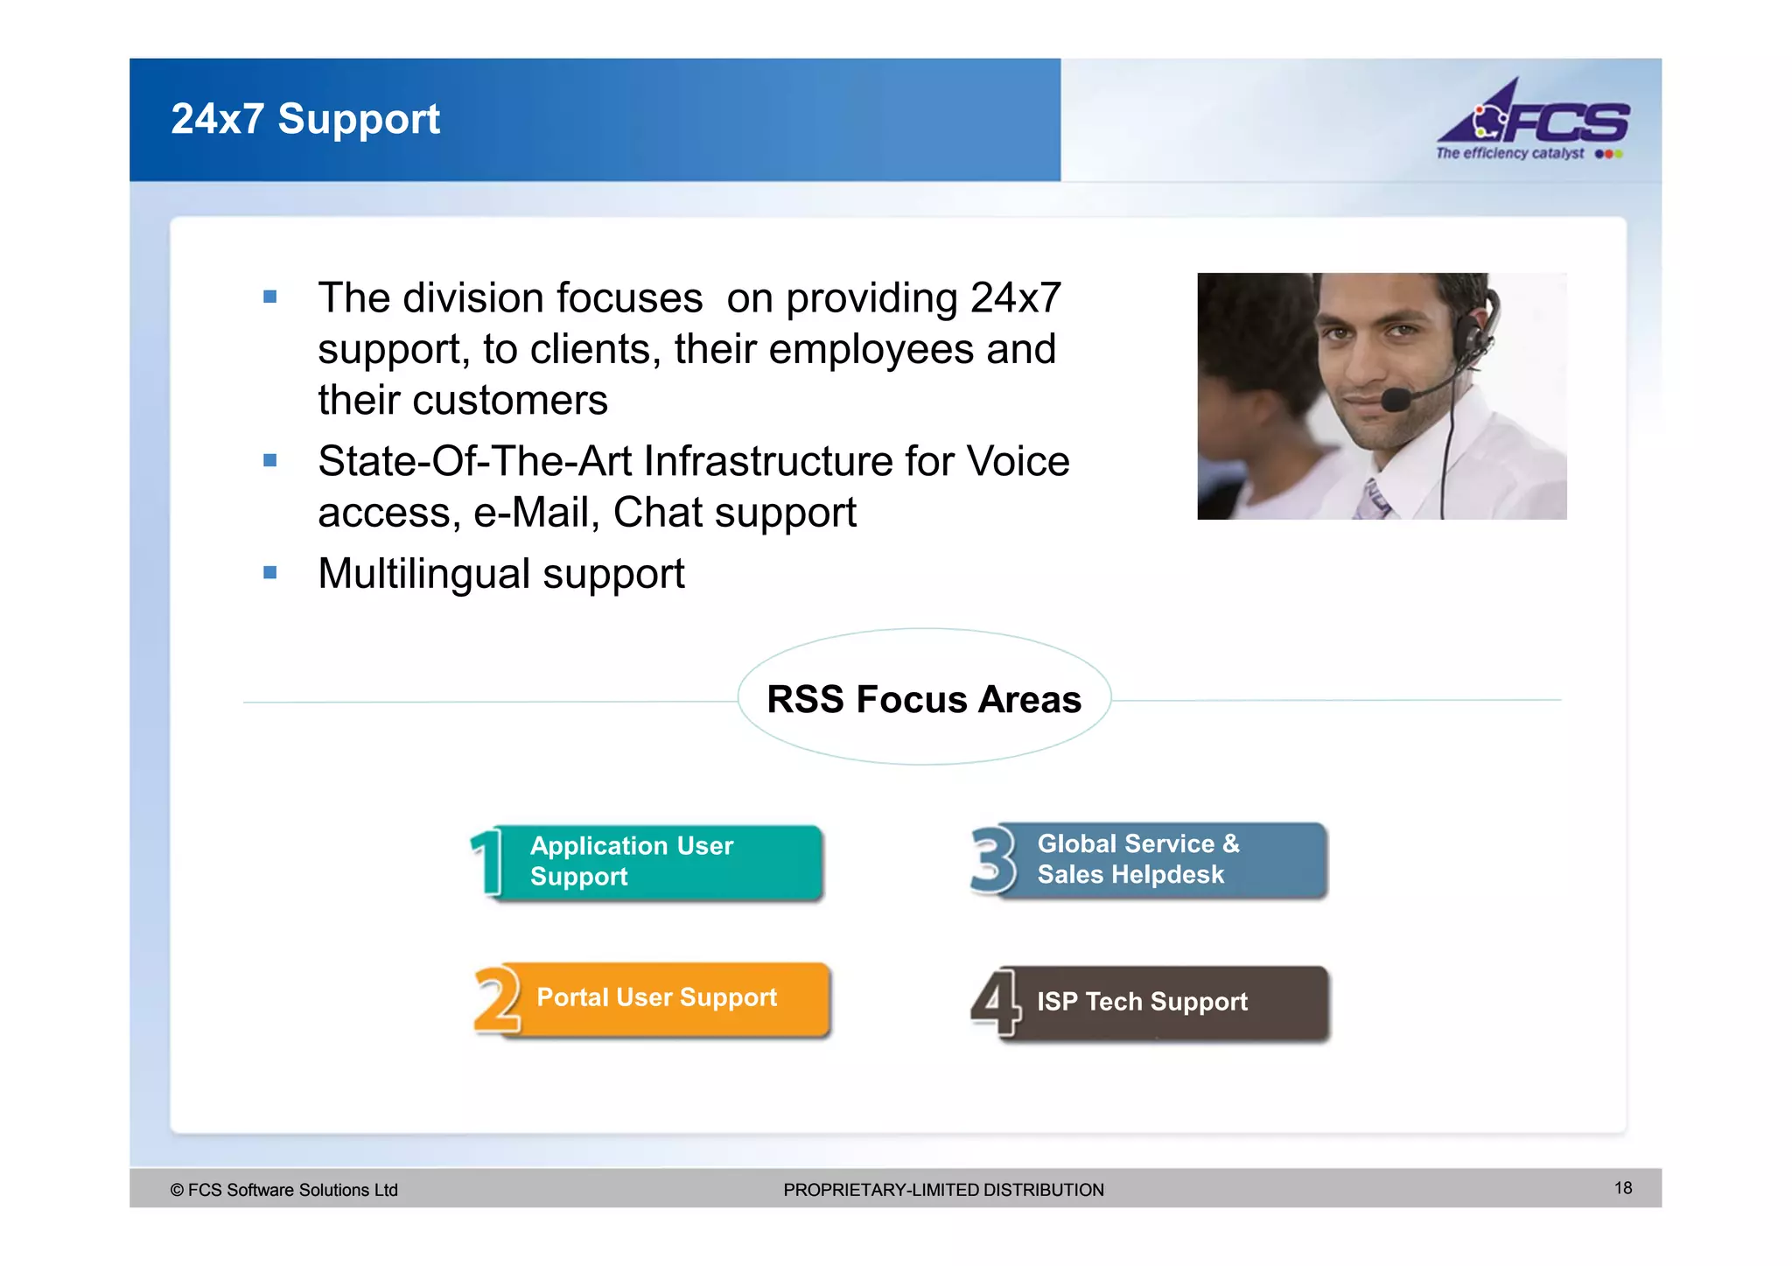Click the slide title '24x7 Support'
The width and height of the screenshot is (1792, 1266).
coord(304,119)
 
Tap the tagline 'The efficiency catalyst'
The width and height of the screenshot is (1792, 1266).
coord(1509,153)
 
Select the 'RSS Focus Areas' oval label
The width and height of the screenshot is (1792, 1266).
coord(924,698)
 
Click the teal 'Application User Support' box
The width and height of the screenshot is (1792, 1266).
coord(665,862)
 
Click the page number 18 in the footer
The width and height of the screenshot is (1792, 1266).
coord(1622,1187)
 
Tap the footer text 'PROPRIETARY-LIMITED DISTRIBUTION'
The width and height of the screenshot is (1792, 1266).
coord(943,1190)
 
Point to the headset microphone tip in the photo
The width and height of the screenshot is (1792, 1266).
coord(1394,400)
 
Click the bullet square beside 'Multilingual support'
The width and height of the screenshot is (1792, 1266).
coord(270,573)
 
